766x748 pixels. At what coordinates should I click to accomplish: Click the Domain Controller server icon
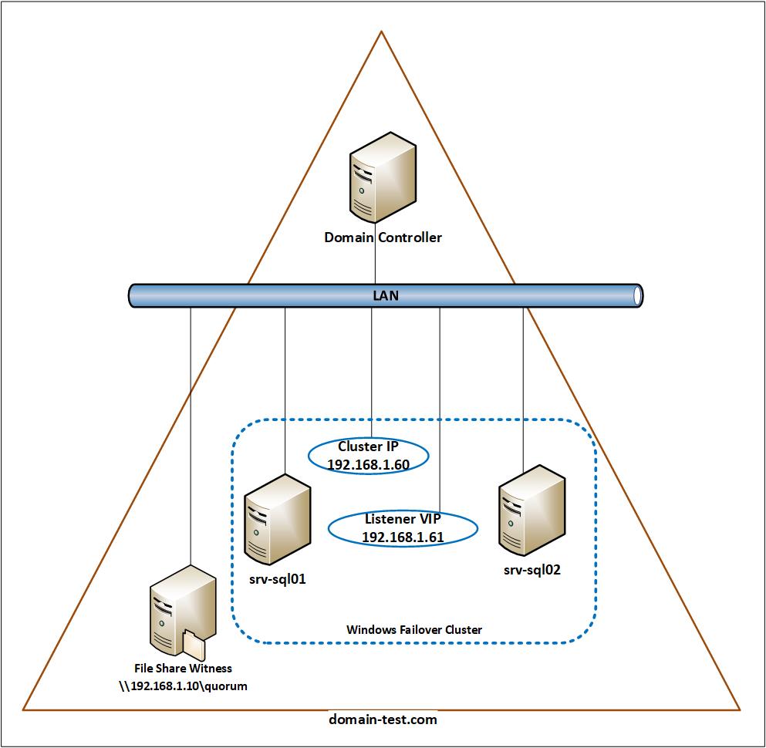point(383,177)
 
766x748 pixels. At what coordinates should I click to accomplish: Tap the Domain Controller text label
point(383,238)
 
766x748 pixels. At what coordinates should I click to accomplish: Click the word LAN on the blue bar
point(386,295)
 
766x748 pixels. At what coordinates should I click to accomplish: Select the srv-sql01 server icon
point(278,520)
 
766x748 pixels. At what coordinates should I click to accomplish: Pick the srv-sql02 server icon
point(532,510)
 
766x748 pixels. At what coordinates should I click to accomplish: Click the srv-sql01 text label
point(278,579)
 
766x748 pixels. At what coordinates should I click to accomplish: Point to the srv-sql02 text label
point(532,570)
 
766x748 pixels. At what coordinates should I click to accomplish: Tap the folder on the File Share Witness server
point(194,645)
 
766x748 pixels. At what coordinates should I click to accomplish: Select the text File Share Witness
point(183,668)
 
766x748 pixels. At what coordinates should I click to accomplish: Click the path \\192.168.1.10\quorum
point(183,686)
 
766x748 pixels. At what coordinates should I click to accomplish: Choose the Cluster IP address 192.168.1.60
point(369,465)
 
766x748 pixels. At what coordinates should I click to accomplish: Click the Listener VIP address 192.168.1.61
point(403,537)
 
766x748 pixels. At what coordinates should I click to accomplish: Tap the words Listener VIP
point(403,518)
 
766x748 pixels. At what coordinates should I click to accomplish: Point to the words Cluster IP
point(369,446)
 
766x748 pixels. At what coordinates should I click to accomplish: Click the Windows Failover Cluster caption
point(414,630)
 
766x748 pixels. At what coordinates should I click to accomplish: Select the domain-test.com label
point(383,719)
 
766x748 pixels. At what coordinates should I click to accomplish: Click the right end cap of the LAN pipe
point(637,295)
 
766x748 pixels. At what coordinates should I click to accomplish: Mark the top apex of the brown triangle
point(381,32)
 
